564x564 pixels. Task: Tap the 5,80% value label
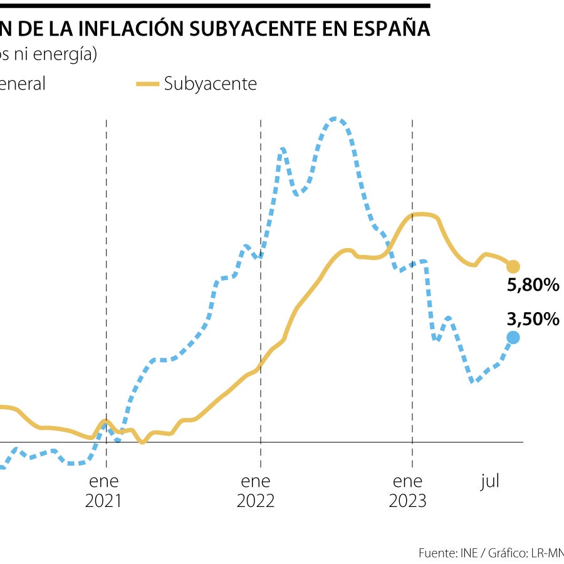pos(533,286)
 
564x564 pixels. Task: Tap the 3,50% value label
pos(533,320)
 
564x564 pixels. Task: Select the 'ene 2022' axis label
pos(256,491)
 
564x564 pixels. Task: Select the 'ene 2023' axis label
pos(408,491)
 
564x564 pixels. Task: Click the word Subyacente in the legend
pos(210,84)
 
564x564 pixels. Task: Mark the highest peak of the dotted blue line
pos(334,118)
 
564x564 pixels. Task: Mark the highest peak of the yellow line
pos(423,214)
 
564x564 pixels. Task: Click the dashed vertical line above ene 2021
pos(107,188)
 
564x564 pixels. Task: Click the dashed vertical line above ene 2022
pos(261,188)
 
